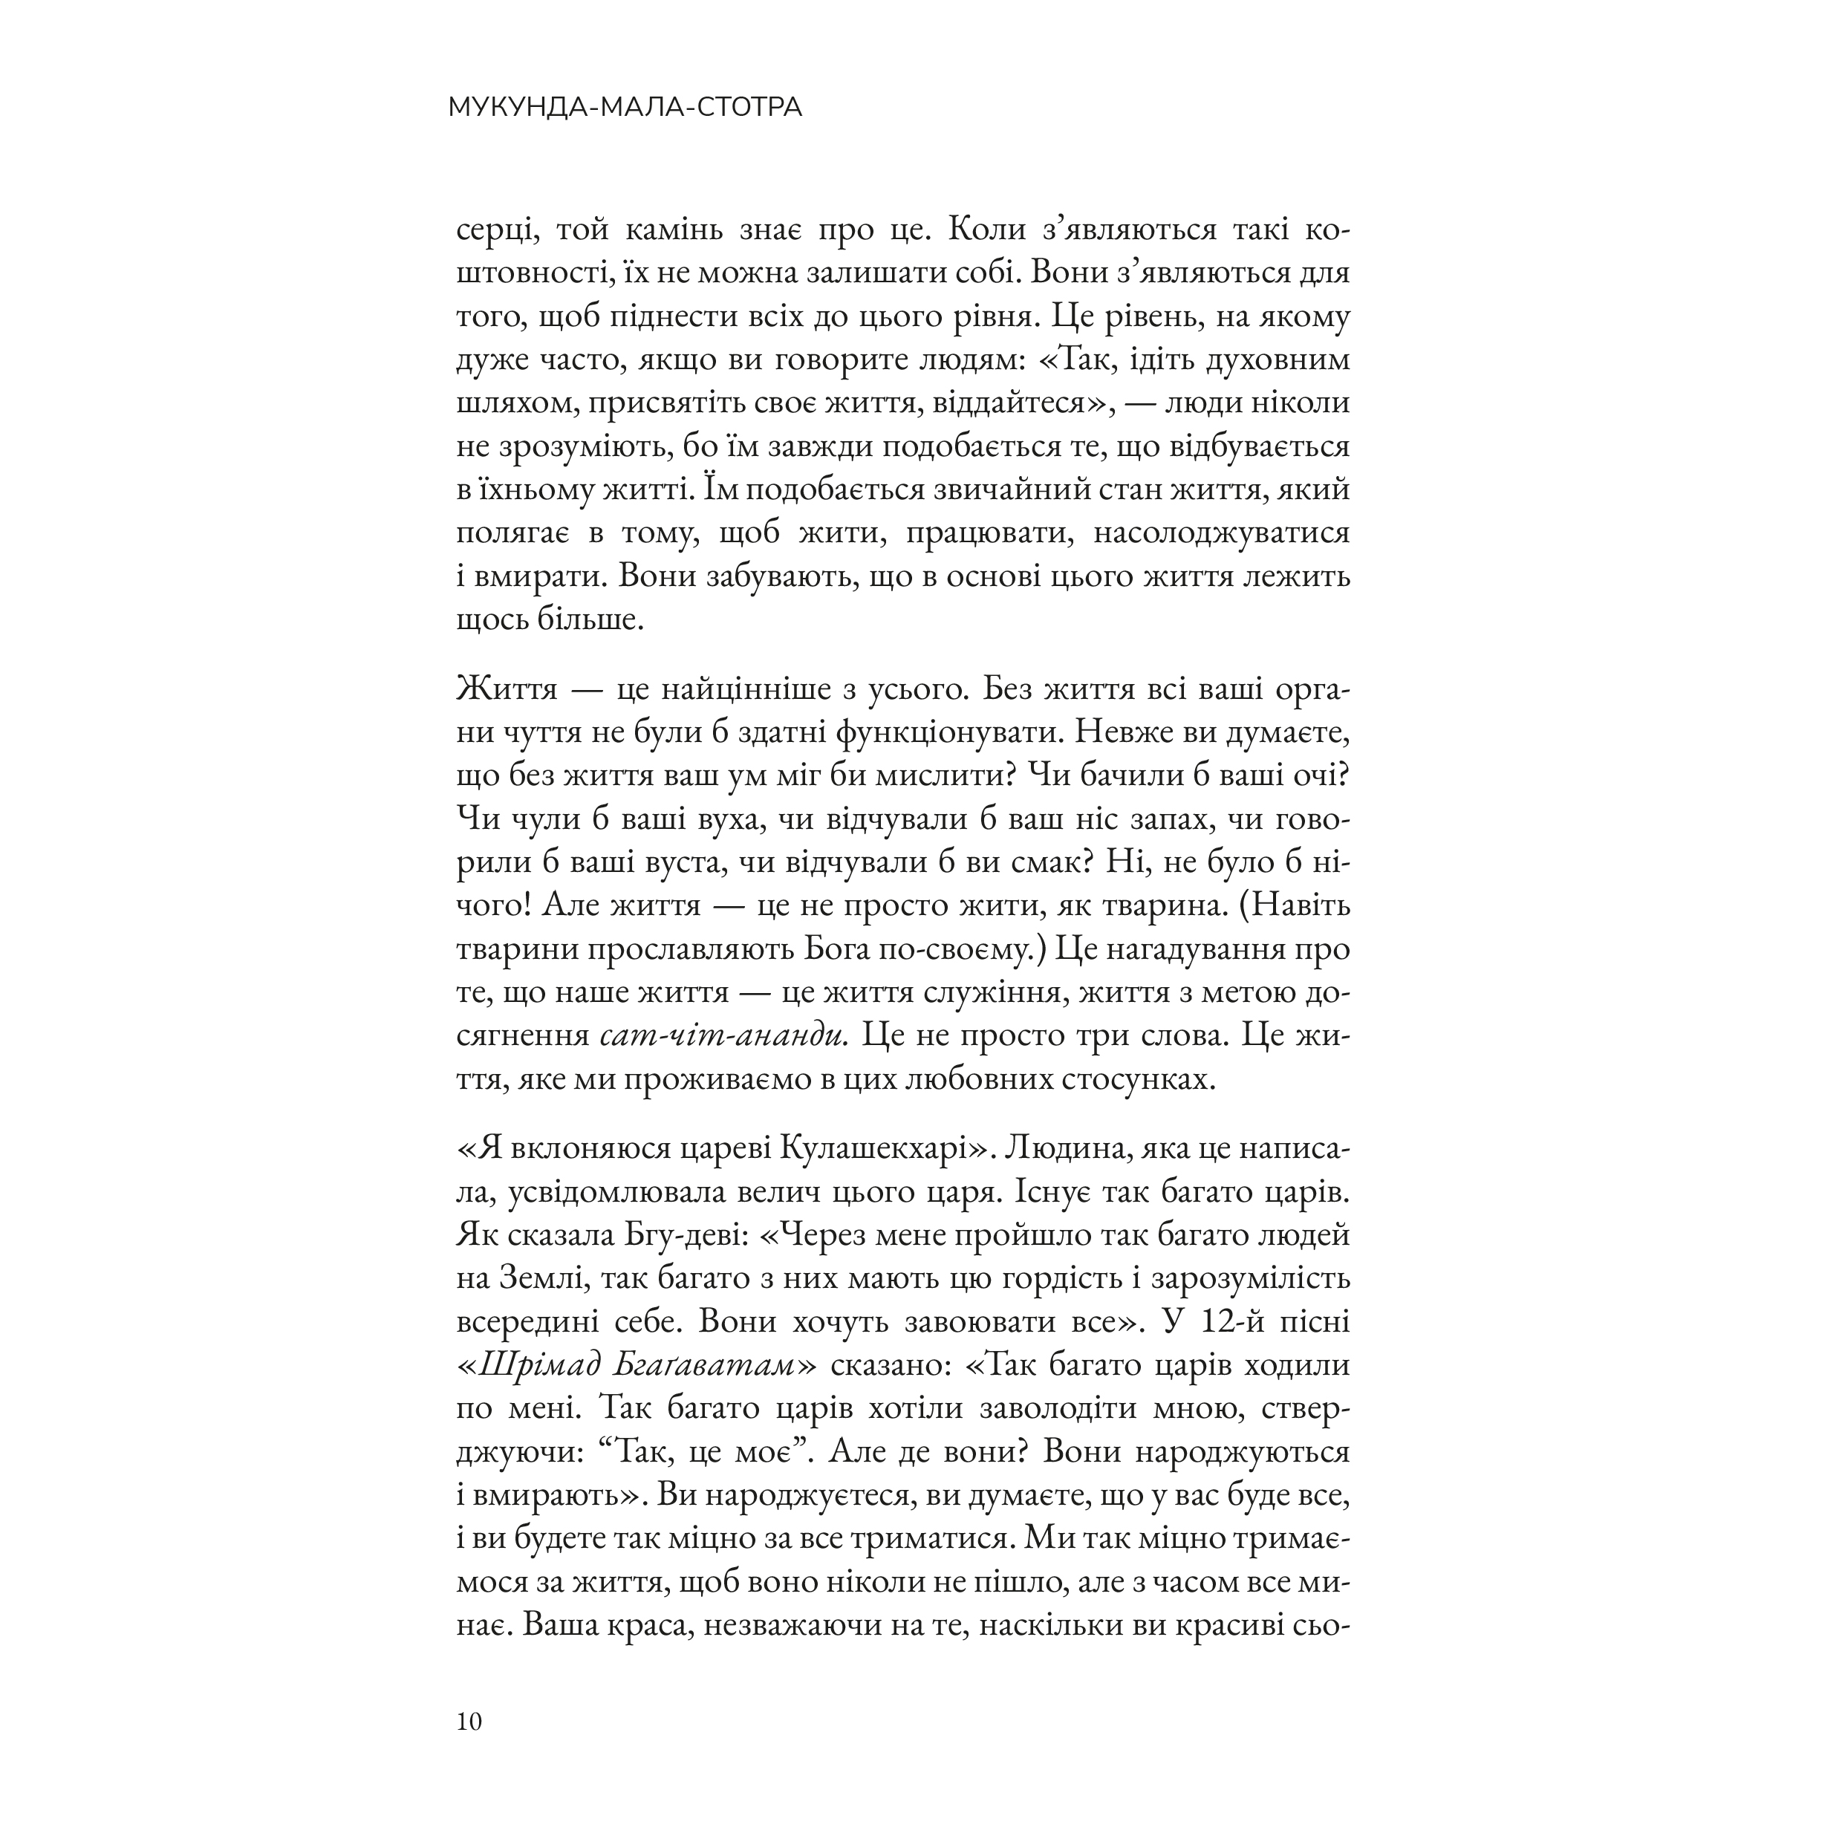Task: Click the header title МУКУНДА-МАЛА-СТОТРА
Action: point(625,108)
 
